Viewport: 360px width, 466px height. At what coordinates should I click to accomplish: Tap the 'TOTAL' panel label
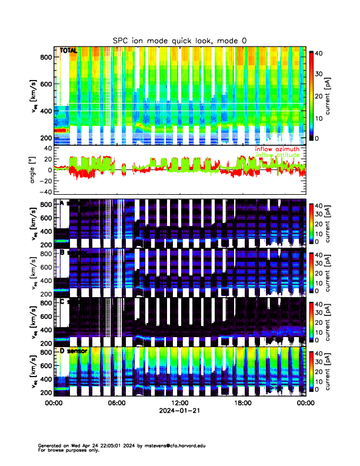point(69,51)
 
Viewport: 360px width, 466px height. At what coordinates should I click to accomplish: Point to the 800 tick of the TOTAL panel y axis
point(46,57)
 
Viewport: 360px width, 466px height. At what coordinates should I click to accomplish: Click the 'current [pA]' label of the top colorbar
point(334,95)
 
